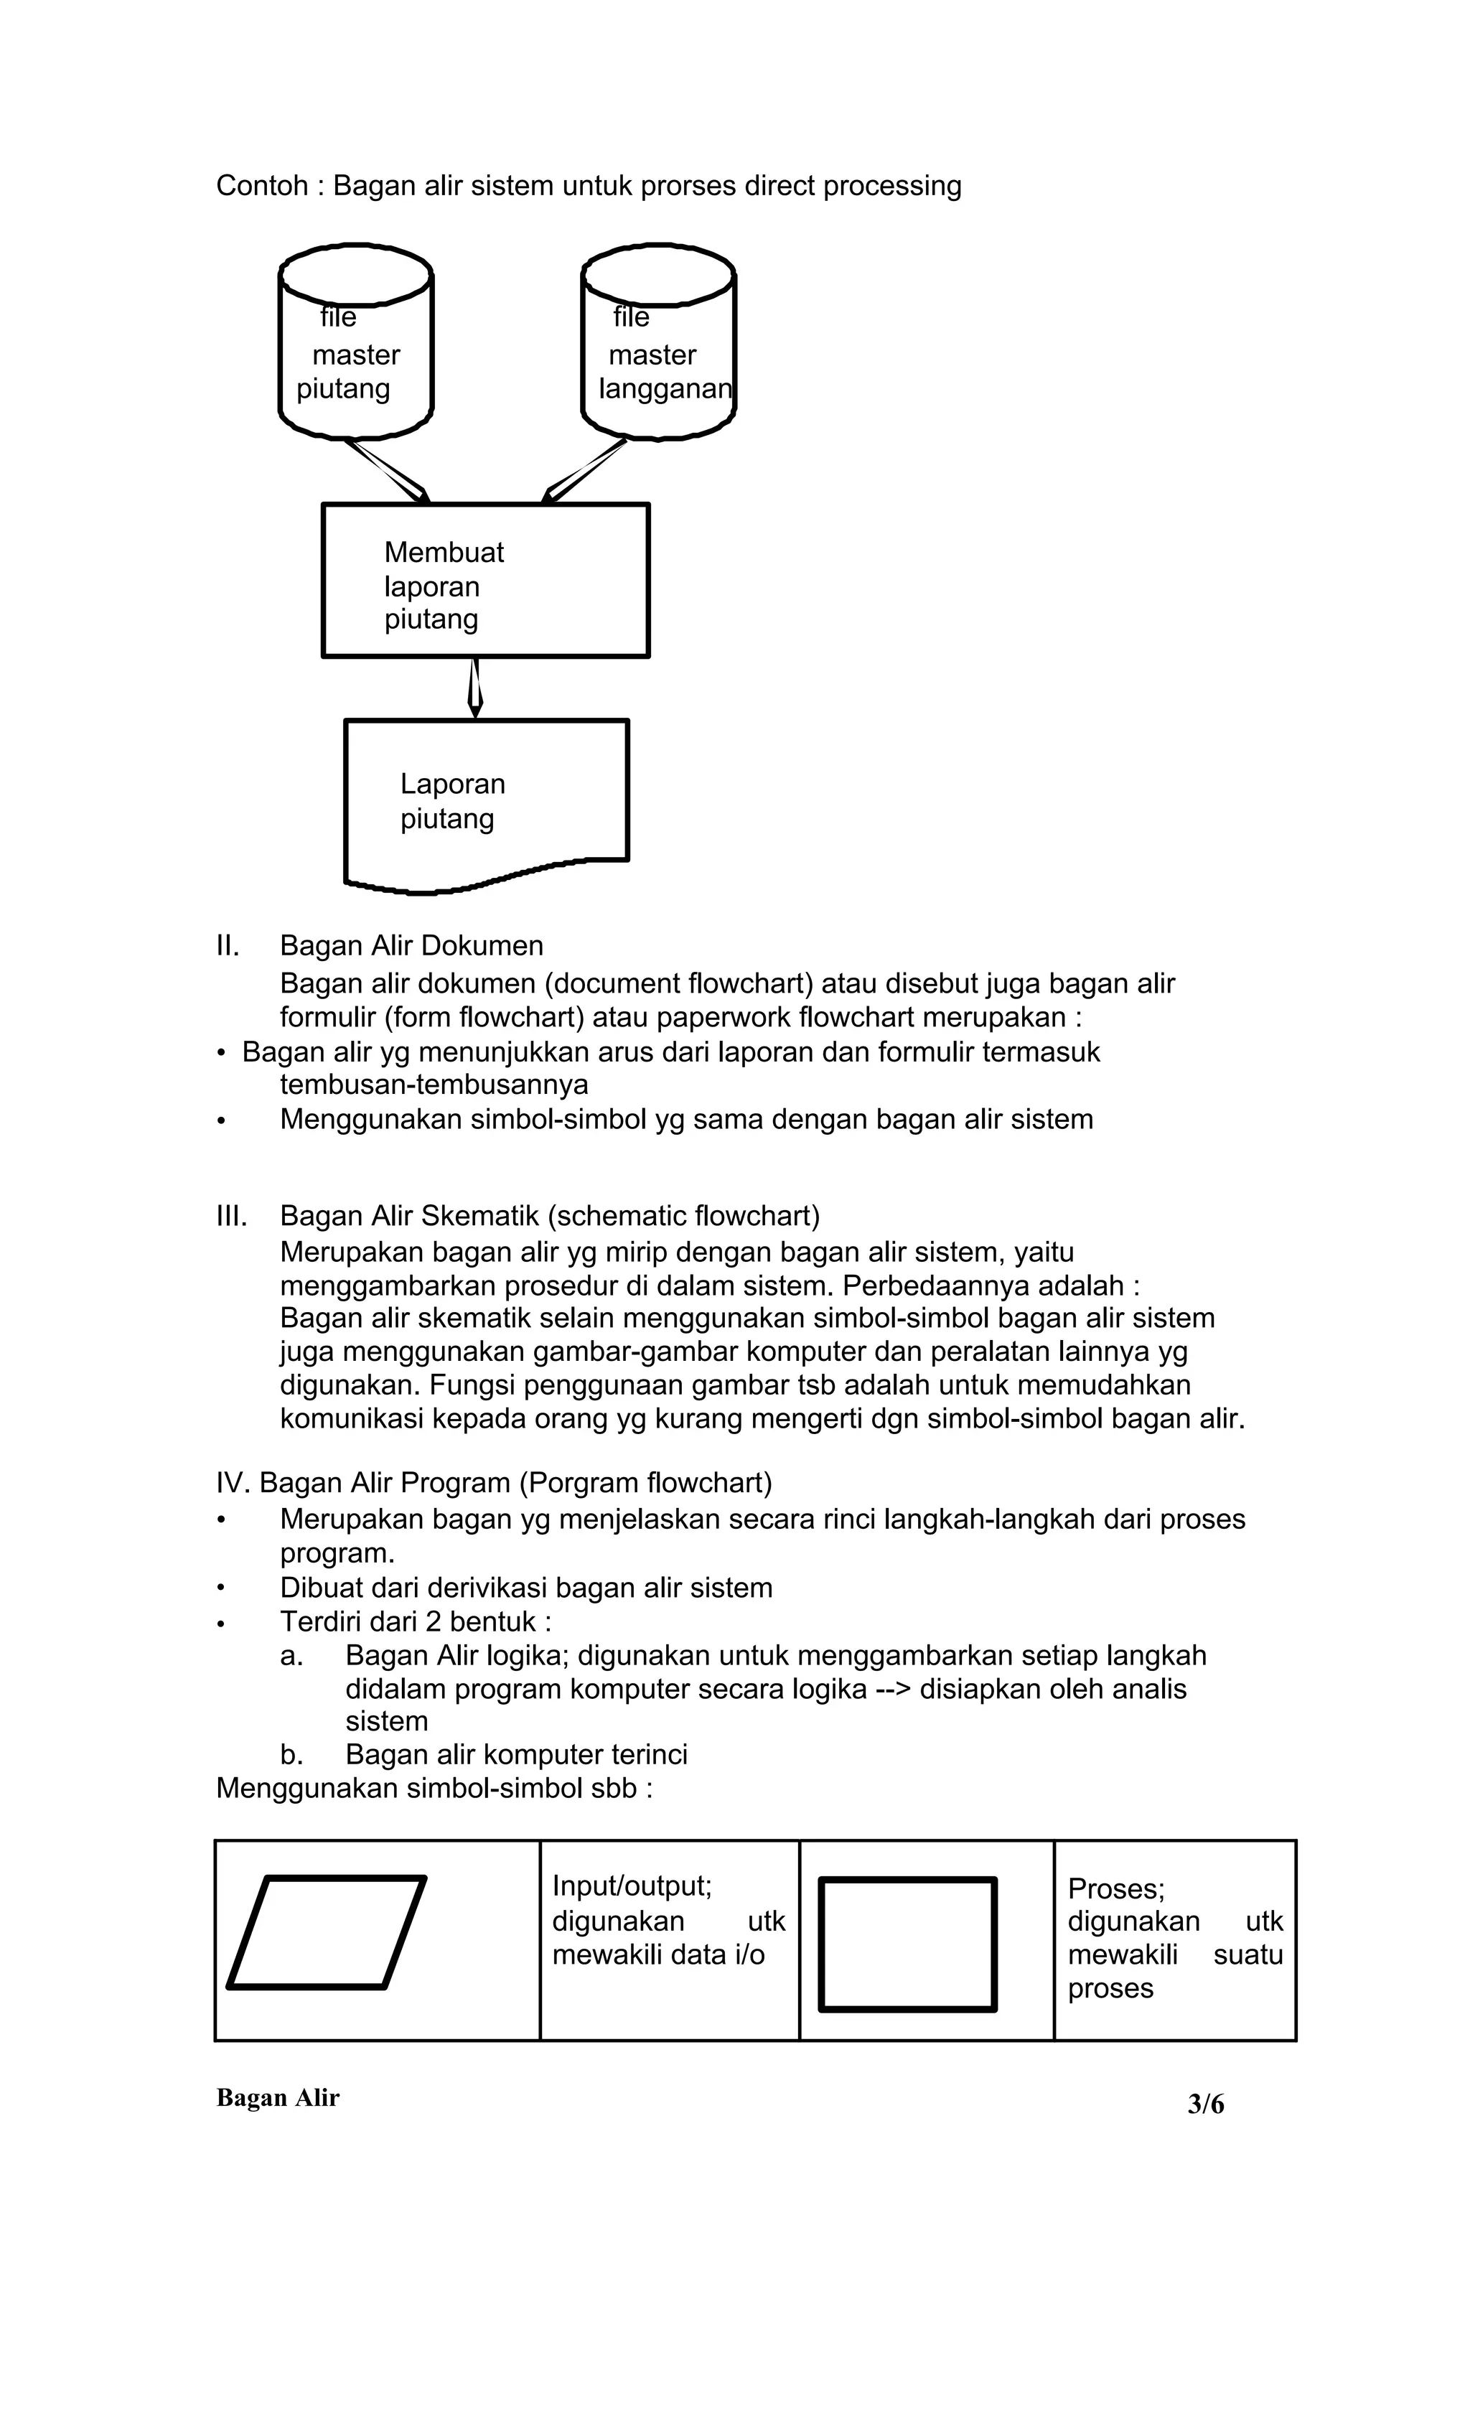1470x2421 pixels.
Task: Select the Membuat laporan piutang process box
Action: click(x=485, y=581)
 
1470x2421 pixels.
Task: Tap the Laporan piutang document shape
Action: click(x=485, y=801)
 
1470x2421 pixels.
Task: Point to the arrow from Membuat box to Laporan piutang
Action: click(x=476, y=688)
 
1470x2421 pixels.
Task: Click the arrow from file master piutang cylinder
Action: click(x=388, y=472)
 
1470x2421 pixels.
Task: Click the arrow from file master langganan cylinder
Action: click(x=586, y=472)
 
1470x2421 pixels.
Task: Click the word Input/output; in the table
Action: click(x=631, y=1886)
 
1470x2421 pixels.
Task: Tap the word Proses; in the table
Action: click(x=1115, y=1888)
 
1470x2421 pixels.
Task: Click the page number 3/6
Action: click(x=1206, y=2104)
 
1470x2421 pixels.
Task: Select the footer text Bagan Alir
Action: click(x=277, y=2098)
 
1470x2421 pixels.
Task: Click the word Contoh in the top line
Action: click(x=261, y=186)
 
